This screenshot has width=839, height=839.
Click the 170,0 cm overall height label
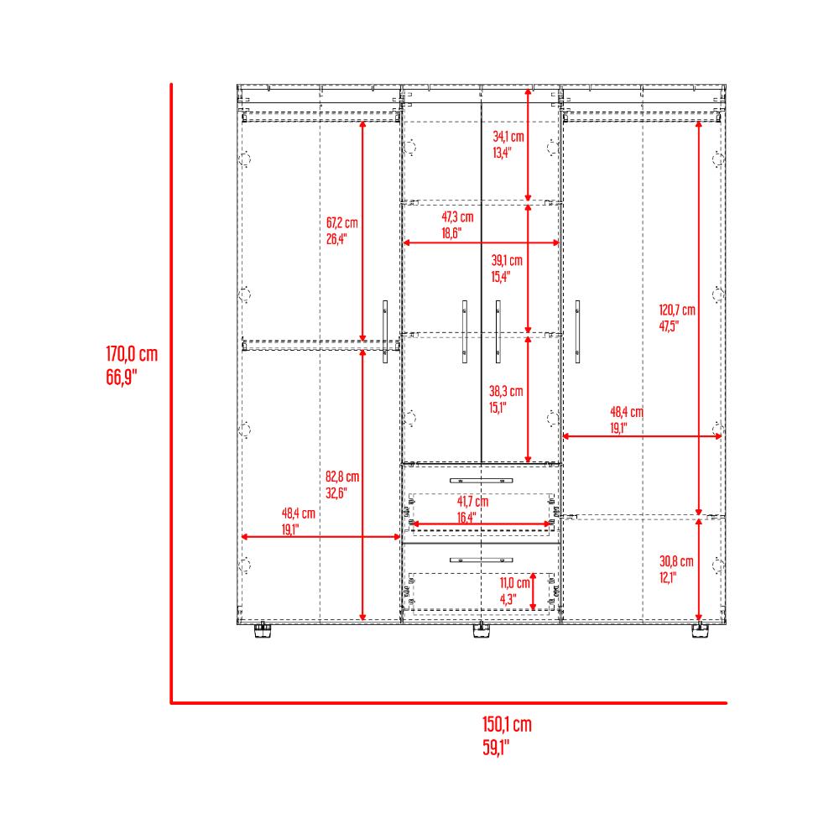coord(132,354)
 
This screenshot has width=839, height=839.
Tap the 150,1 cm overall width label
coord(507,725)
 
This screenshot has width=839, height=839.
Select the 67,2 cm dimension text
coord(342,222)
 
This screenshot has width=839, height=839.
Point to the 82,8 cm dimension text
coord(342,477)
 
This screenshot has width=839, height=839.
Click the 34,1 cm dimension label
coord(508,137)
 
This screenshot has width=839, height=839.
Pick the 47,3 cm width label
coord(457,216)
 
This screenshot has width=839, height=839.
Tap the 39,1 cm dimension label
coord(507,261)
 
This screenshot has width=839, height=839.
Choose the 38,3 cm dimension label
coord(506,391)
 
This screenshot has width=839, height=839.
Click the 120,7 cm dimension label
coord(677,310)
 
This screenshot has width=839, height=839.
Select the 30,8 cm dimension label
coord(676,561)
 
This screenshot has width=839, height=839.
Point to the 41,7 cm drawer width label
coord(472,502)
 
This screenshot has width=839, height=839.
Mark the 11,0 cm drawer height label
coord(515,583)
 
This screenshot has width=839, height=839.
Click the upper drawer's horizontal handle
coord(481,481)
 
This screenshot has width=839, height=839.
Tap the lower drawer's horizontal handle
coord(481,560)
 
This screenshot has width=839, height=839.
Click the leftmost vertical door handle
coord(385,331)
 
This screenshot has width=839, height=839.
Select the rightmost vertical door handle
coord(577,331)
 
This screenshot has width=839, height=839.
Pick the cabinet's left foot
coord(262,630)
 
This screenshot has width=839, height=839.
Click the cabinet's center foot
coord(482,630)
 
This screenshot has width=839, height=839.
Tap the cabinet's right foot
coord(700,630)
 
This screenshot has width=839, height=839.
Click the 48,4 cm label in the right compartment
coord(627,412)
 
